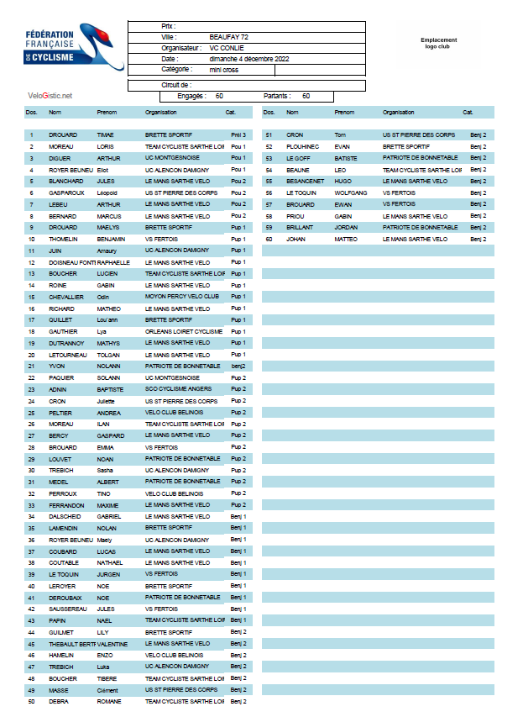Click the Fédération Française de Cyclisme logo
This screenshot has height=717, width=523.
74,47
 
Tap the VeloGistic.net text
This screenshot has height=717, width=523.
50,96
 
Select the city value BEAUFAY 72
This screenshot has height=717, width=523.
229,38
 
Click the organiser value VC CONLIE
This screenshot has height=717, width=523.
227,49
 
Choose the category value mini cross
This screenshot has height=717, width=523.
224,70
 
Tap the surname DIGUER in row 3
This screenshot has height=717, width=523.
60,158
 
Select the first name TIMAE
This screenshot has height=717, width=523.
106,134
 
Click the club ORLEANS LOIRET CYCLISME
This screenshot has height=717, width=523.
184,332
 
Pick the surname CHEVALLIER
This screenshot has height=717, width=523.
67,297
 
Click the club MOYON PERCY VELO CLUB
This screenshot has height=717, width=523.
182,297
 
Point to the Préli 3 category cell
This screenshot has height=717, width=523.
238,134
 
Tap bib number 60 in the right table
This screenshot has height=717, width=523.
269,240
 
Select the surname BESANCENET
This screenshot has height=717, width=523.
306,181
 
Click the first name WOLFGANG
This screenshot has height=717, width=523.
351,192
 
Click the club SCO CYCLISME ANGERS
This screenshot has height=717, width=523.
178,389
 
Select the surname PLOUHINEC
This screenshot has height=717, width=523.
303,146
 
